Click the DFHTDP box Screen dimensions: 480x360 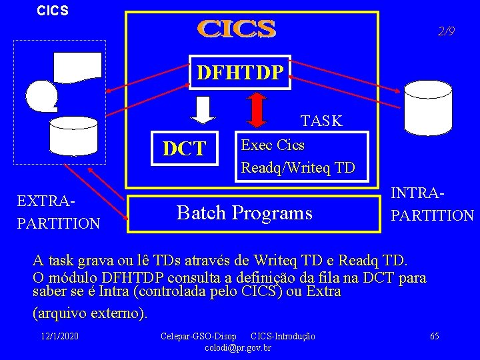240,71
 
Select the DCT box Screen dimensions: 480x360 185,148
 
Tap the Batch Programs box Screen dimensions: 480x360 244,213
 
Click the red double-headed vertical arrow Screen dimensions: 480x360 256,109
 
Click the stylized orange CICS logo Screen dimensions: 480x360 237,29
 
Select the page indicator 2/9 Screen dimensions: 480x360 446,31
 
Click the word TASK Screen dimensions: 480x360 321,121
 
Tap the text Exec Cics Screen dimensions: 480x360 273,145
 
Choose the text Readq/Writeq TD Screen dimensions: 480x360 298,167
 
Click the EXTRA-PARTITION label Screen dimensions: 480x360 59,212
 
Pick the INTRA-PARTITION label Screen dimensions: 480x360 432,205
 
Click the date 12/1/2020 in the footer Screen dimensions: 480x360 59,335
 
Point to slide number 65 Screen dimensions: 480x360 434,335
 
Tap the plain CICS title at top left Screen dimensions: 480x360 53,11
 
